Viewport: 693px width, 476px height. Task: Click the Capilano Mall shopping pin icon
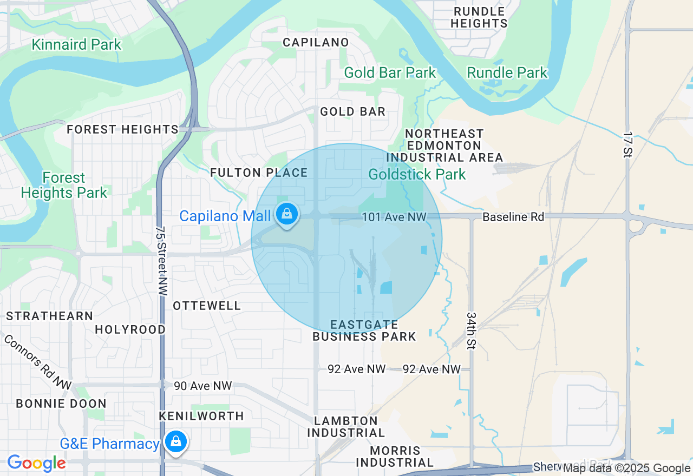click(x=287, y=214)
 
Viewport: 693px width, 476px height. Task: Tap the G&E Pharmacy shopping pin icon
click(x=175, y=441)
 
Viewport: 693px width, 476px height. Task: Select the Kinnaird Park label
click(x=76, y=44)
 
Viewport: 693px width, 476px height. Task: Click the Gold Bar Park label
click(x=390, y=72)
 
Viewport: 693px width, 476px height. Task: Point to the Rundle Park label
click(x=507, y=72)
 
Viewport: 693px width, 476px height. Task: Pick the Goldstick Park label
click(x=417, y=174)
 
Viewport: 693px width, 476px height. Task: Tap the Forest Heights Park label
click(x=64, y=185)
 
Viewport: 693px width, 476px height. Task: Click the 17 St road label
click(x=628, y=144)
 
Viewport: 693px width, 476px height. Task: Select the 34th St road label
click(x=471, y=330)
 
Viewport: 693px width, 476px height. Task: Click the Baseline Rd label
click(x=513, y=217)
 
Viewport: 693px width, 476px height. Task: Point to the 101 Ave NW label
click(x=394, y=217)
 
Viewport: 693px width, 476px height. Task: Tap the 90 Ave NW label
click(x=202, y=386)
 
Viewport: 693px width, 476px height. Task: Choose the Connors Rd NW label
click(x=37, y=362)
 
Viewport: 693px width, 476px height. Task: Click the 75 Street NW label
click(x=160, y=261)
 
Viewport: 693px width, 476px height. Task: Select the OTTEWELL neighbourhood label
click(x=207, y=306)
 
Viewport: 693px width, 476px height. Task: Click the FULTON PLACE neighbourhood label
click(x=259, y=173)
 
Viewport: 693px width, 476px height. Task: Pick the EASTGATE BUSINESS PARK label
click(x=364, y=330)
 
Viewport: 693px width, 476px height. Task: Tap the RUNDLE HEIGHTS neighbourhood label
click(x=479, y=17)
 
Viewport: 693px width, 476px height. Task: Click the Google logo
click(x=36, y=463)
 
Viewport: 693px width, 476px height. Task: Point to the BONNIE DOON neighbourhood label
click(x=61, y=404)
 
